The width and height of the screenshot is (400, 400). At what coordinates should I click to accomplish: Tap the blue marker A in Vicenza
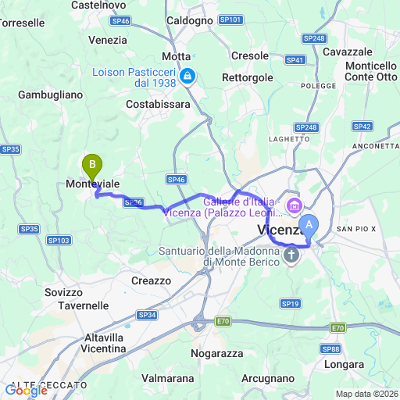coord(309,225)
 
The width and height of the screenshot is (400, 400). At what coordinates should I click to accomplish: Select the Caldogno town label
coord(190,20)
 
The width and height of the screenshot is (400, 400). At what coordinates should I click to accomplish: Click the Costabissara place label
coord(156,103)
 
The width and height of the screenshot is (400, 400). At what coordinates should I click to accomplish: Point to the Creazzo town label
coord(151,280)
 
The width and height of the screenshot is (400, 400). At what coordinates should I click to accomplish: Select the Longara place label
coord(343,364)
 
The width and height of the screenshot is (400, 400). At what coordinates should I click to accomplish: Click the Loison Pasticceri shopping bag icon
coord(187,77)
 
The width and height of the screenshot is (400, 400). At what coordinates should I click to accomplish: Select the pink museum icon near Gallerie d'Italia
coord(294,206)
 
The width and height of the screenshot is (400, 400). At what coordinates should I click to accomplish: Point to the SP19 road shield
coord(291,303)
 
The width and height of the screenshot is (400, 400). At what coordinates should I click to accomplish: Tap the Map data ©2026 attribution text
coord(366,394)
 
